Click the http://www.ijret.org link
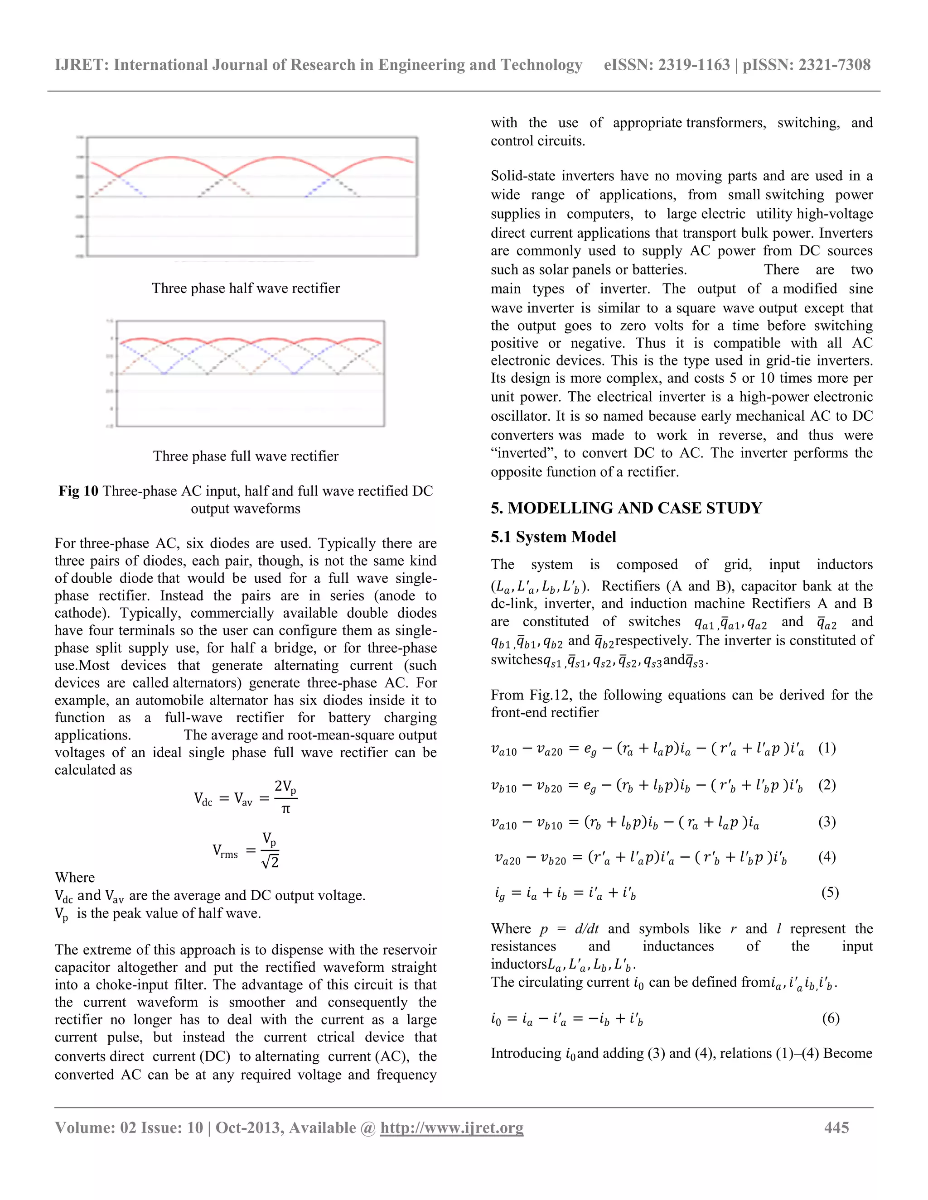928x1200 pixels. (451, 1128)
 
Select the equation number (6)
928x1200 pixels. (830, 1018)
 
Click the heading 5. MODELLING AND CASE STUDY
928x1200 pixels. (626, 508)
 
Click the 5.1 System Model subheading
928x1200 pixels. (553, 537)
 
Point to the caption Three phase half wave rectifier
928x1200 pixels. (246, 288)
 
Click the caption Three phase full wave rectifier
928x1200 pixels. (246, 456)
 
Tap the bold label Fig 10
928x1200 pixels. (78, 491)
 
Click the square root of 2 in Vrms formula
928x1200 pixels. (270, 862)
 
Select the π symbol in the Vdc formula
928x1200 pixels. (285, 809)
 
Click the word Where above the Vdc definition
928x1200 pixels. (75, 878)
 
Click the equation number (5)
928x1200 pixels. (830, 893)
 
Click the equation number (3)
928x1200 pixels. (827, 822)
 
